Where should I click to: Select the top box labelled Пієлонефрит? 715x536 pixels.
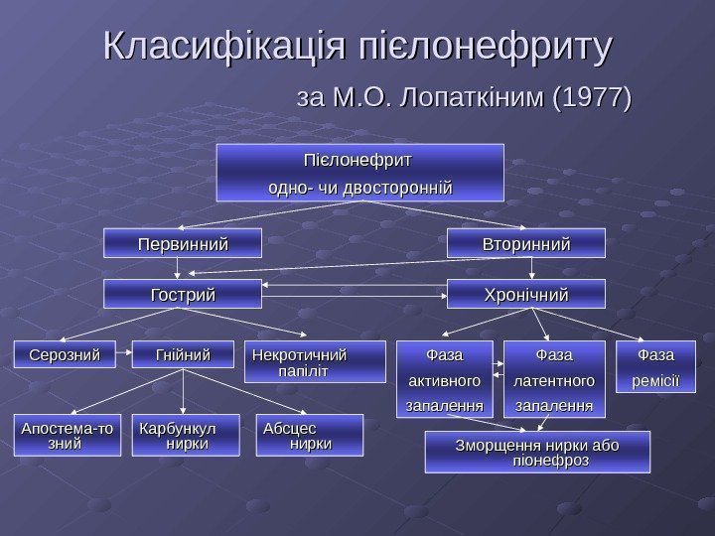coord(360,171)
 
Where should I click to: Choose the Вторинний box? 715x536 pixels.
coord(511,243)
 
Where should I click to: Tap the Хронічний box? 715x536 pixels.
coord(511,295)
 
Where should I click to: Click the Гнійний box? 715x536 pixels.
coord(183,355)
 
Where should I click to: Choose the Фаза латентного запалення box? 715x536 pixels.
coord(553,379)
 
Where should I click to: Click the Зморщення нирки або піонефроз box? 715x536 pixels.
coord(537,452)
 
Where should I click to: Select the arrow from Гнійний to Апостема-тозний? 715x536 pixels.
coord(124,394)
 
